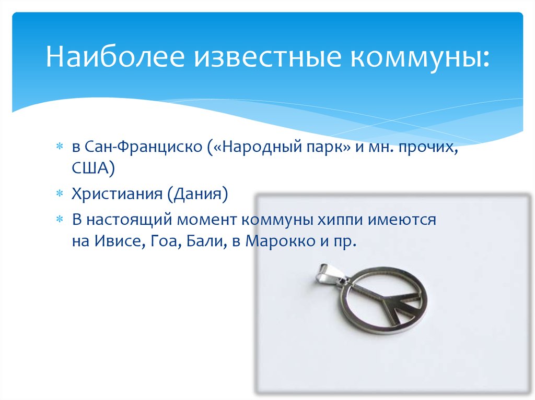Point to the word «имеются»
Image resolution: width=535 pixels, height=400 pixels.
[x=405, y=219]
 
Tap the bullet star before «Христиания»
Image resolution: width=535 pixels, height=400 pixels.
[x=60, y=195]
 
